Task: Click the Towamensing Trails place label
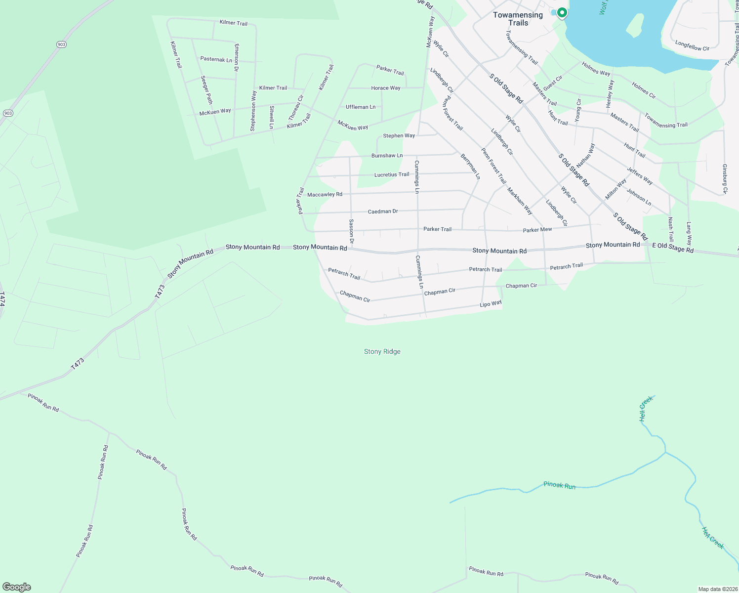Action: click(x=518, y=19)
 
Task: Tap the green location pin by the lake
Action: click(x=562, y=13)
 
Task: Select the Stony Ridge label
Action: click(x=382, y=352)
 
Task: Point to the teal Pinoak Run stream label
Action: click(x=559, y=485)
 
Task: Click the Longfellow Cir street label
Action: click(x=692, y=46)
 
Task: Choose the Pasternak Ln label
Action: click(x=216, y=59)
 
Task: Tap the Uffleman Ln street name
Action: click(x=361, y=107)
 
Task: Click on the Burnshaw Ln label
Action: click(x=387, y=156)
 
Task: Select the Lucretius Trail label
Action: click(x=392, y=174)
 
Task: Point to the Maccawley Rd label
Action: click(x=325, y=195)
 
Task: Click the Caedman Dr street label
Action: click(x=383, y=212)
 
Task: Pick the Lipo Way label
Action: click(x=491, y=303)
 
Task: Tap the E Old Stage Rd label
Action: click(x=673, y=248)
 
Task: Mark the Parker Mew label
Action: click(x=537, y=230)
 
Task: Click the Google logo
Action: click(x=16, y=587)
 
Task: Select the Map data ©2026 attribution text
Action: click(x=717, y=589)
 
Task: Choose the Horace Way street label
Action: click(x=386, y=88)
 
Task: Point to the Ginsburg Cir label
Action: click(x=725, y=179)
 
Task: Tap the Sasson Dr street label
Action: click(x=351, y=232)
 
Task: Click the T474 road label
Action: click(x=2, y=299)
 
